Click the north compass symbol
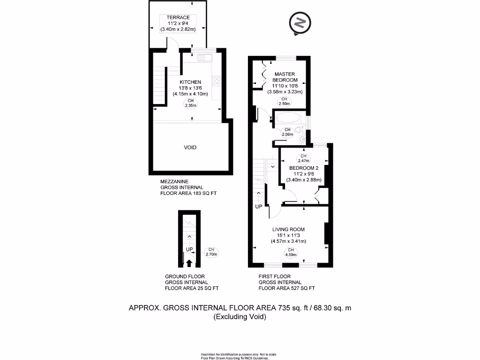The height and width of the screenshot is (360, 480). click(x=300, y=23)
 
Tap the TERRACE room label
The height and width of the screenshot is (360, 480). click(x=178, y=17)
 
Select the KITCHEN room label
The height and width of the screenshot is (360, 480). click(x=190, y=82)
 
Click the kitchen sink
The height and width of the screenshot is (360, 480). click(x=204, y=58)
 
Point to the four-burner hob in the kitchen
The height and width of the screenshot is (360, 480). click(x=217, y=81)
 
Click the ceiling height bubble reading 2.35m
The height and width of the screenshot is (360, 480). click(x=190, y=103)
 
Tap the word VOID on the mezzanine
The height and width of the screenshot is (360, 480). click(x=190, y=148)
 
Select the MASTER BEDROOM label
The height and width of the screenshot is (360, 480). click(x=285, y=77)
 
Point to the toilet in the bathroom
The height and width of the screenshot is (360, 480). click(x=300, y=130)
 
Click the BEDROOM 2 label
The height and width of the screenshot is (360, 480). click(x=304, y=168)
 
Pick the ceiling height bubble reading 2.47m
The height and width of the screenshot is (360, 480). click(x=303, y=158)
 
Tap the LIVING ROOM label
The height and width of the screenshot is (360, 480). click(x=288, y=229)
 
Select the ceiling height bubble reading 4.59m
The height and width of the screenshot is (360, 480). click(x=291, y=252)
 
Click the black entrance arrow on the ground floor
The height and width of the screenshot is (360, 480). click(x=189, y=263)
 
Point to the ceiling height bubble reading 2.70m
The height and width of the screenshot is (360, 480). click(x=211, y=252)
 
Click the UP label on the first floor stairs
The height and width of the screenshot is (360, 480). click(x=259, y=207)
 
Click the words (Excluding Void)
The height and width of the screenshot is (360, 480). click(x=240, y=316)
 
